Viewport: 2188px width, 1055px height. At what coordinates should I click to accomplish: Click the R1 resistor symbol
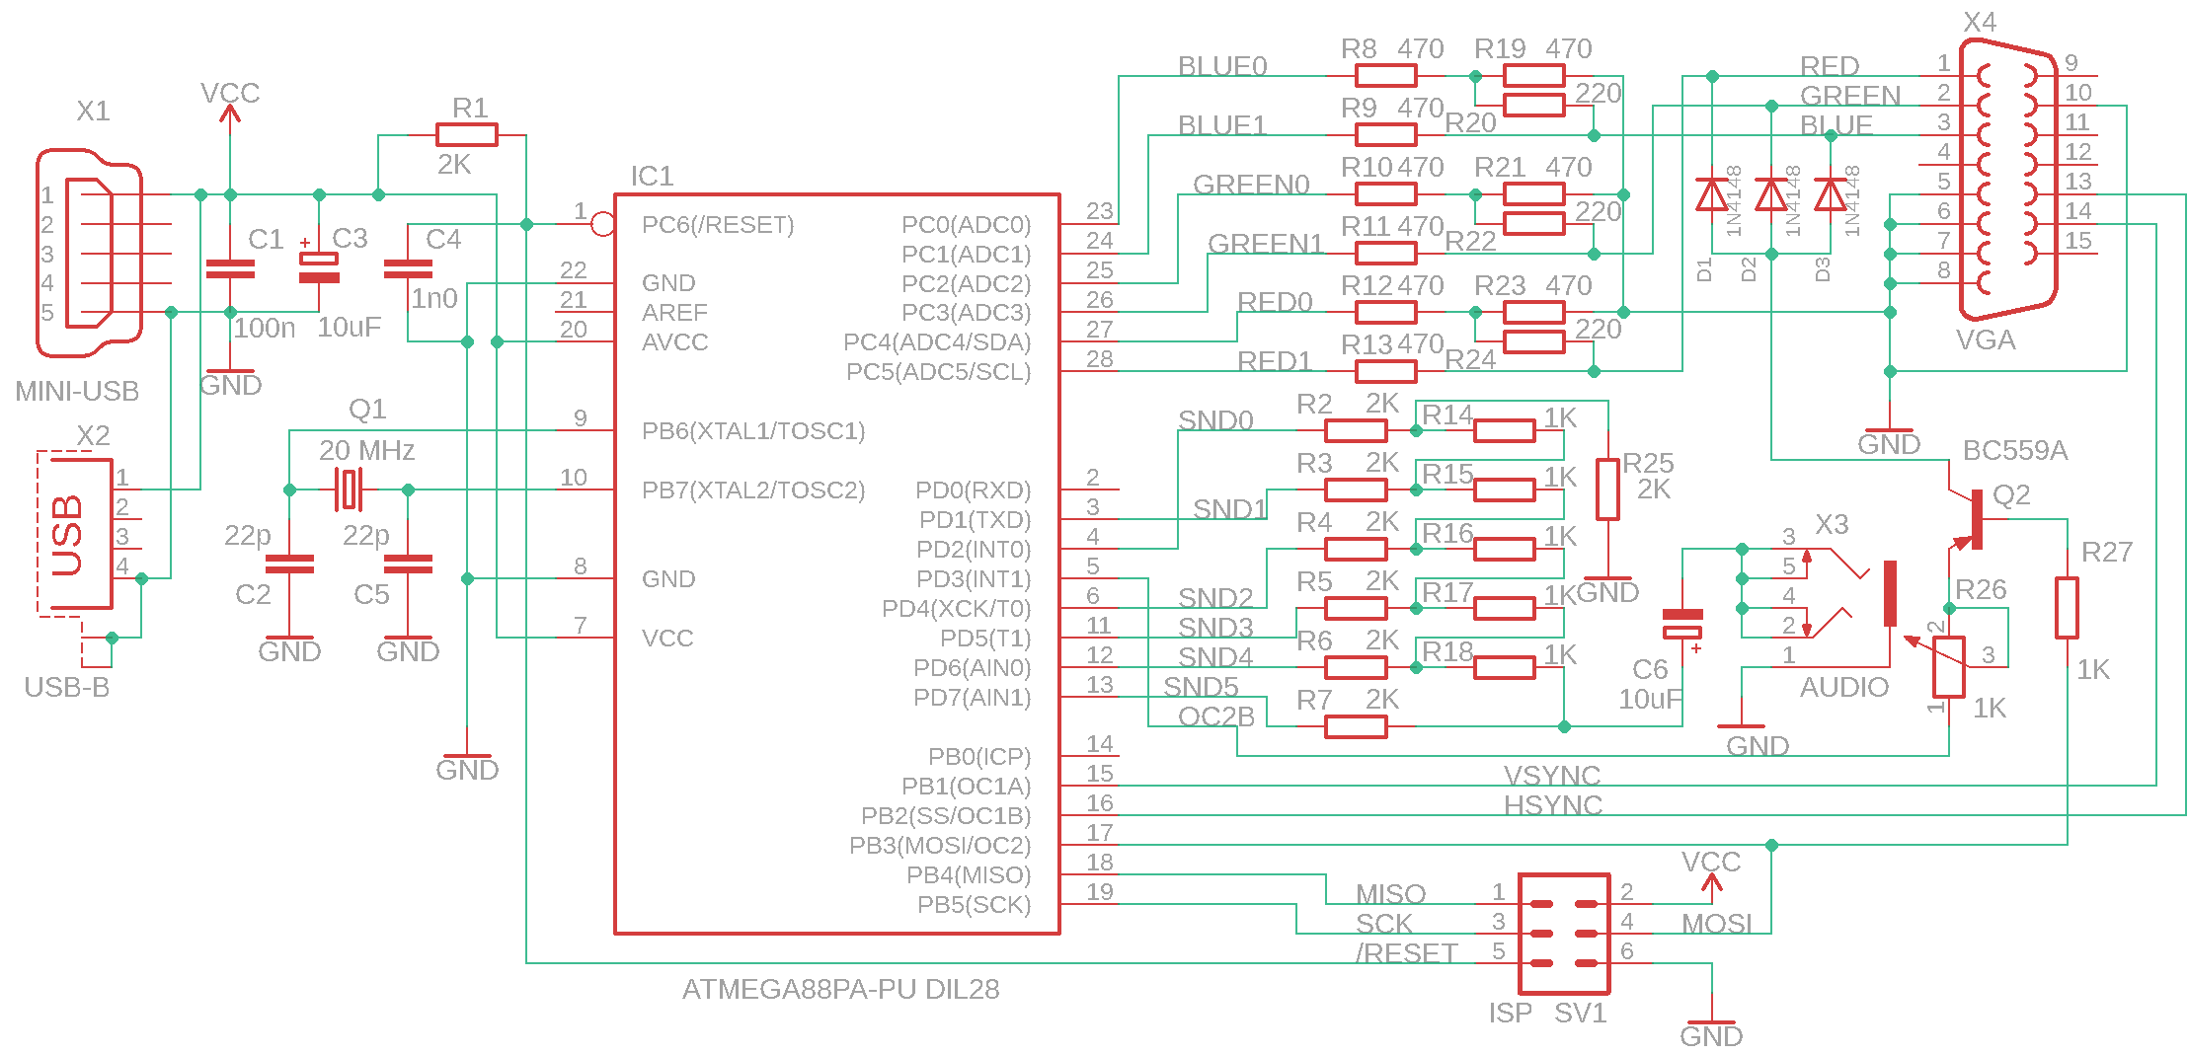(466, 135)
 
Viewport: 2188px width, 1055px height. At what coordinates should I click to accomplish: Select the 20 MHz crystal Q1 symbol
(349, 490)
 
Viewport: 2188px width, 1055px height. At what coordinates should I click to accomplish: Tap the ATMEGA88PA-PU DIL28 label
(840, 989)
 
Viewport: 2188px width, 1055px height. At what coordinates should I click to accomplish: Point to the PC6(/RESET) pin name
(718, 225)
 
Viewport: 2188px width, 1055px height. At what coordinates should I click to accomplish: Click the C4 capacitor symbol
(408, 268)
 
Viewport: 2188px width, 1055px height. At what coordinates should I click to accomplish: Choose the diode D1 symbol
(1711, 194)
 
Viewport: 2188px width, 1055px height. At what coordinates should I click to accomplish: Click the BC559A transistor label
(2014, 451)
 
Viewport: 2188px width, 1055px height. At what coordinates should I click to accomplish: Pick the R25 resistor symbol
(1607, 490)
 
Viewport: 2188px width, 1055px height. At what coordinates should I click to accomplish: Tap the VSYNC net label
(1552, 776)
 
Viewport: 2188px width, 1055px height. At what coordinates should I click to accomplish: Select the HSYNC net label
(1552, 805)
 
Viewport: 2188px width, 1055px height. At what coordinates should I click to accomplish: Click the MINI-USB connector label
(77, 392)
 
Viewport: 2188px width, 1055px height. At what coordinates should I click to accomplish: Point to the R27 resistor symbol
(2067, 608)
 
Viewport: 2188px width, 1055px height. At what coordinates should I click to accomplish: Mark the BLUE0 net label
(1221, 66)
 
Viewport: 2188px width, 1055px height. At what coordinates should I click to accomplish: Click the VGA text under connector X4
(1985, 340)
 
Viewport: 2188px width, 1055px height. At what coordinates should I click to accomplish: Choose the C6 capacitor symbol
(1682, 623)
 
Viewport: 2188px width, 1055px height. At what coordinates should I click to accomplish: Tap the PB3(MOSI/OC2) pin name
(940, 846)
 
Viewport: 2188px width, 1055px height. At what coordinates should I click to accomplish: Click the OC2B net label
(1215, 716)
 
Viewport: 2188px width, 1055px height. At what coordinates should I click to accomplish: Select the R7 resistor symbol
(1356, 727)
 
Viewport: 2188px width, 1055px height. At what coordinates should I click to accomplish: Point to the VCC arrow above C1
(230, 113)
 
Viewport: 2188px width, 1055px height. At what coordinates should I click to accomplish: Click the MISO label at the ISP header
(1390, 894)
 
